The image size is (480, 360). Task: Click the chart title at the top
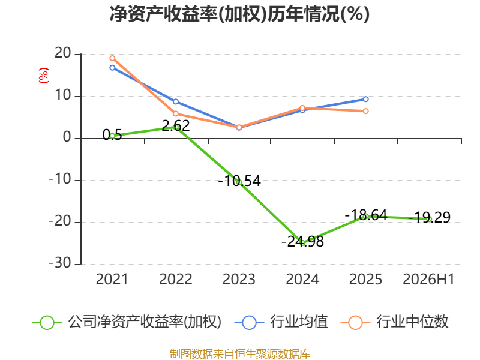click(x=239, y=14)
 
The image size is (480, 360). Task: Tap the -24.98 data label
click(x=302, y=242)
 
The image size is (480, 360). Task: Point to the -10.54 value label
click(x=239, y=181)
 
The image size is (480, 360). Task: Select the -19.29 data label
click(x=429, y=217)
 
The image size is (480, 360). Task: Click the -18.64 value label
click(x=366, y=215)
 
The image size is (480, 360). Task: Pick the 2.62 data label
click(x=176, y=125)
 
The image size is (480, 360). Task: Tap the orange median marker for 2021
click(x=112, y=58)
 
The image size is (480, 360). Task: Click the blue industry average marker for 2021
click(x=112, y=68)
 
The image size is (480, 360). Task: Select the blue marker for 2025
click(x=366, y=99)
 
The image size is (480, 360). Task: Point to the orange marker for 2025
click(x=366, y=111)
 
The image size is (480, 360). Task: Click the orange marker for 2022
click(x=176, y=114)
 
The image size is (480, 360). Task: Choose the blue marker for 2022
click(x=176, y=101)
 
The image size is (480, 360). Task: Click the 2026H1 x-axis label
click(x=428, y=280)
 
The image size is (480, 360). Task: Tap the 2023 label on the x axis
click(x=239, y=280)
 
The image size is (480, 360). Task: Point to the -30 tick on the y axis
click(x=60, y=263)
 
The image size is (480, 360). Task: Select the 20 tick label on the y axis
click(x=63, y=53)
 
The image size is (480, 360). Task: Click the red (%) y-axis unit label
click(x=43, y=76)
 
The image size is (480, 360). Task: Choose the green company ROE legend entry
click(x=127, y=322)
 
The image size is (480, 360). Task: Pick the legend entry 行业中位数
click(x=395, y=322)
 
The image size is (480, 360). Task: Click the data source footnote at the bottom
click(x=240, y=354)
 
